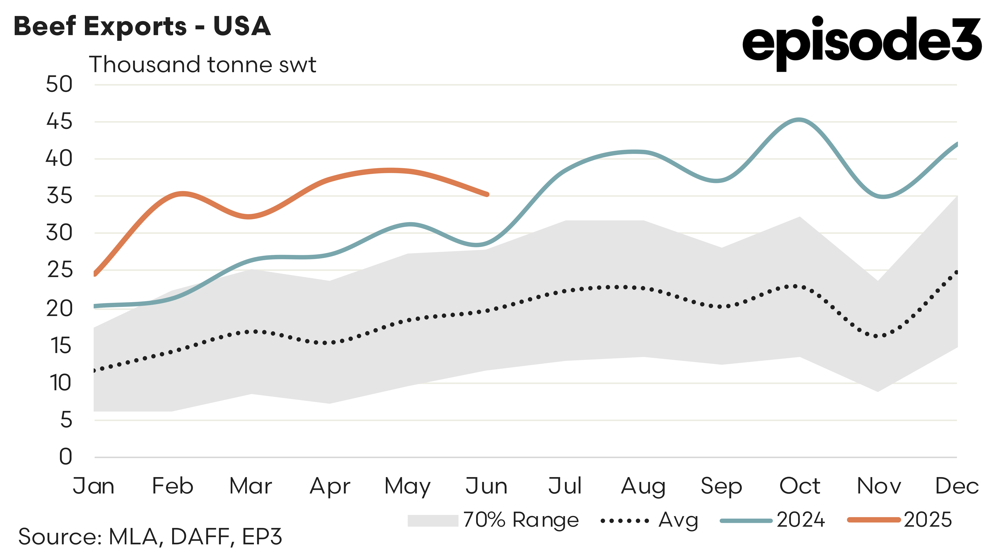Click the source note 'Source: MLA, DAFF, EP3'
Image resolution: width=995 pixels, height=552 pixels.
[x=150, y=536]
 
